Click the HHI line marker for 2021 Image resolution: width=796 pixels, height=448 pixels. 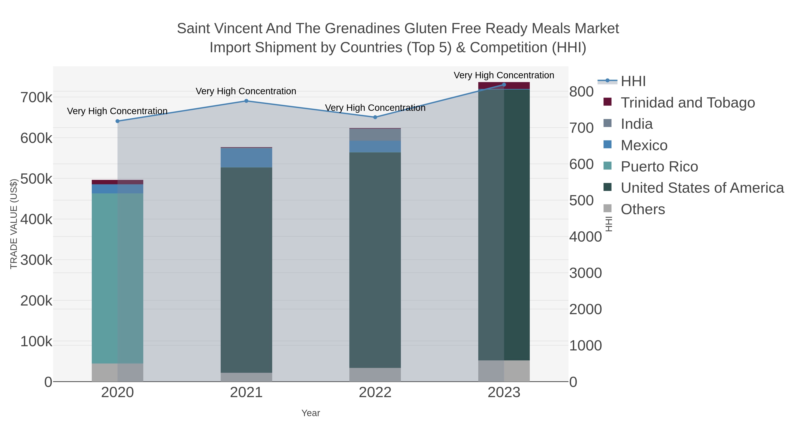(246, 101)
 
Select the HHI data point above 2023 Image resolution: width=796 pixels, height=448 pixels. (504, 85)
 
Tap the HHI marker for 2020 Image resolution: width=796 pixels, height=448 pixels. (117, 121)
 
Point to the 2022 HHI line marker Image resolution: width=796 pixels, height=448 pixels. (375, 117)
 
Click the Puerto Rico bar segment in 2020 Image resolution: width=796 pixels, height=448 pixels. (117, 278)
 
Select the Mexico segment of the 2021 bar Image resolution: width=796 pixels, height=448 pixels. (246, 158)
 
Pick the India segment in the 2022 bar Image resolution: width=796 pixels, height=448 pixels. (375, 135)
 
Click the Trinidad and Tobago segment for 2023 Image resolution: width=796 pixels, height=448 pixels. (504, 86)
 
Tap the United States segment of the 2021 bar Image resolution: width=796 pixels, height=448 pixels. (246, 269)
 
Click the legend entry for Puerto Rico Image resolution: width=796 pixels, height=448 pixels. (659, 167)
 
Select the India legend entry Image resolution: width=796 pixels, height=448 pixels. (637, 124)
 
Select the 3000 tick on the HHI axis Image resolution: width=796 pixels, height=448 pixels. (586, 273)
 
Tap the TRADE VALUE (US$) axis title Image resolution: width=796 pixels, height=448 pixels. (13, 224)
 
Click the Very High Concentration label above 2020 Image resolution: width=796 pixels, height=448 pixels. (117, 111)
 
